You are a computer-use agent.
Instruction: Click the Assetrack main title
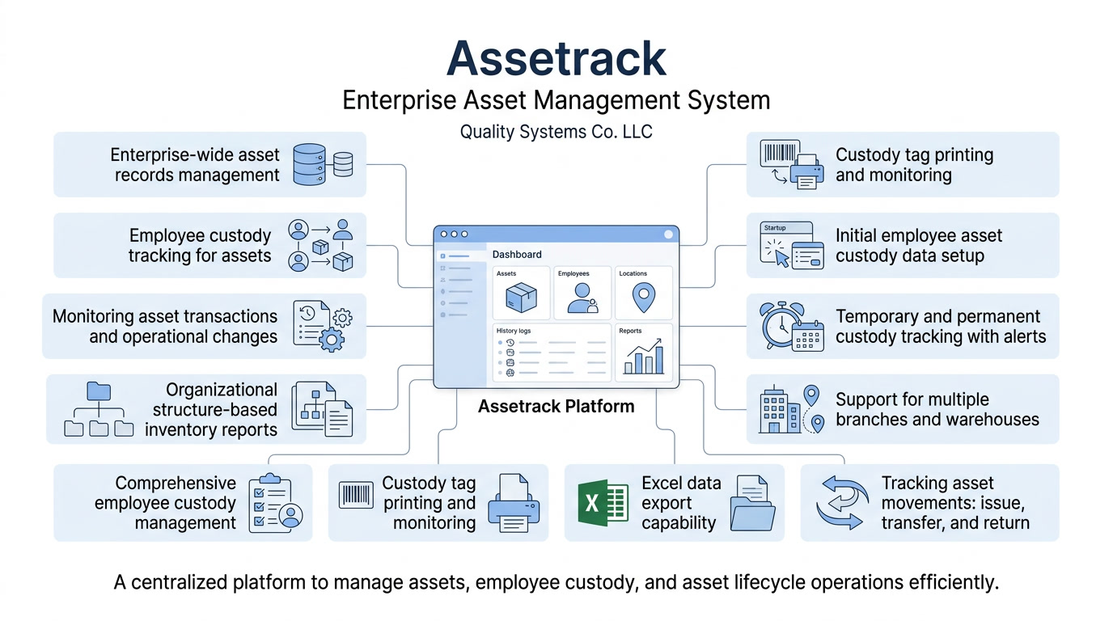coord(556,58)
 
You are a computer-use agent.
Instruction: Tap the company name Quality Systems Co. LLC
coord(556,131)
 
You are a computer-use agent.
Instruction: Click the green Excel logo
coord(603,503)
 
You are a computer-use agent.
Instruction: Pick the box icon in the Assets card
coord(521,298)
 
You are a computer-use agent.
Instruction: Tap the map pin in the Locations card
coord(643,298)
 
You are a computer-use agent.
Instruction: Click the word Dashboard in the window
coord(517,254)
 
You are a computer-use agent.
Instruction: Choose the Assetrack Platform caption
coord(556,407)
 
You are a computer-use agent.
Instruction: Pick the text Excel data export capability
coord(681,503)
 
